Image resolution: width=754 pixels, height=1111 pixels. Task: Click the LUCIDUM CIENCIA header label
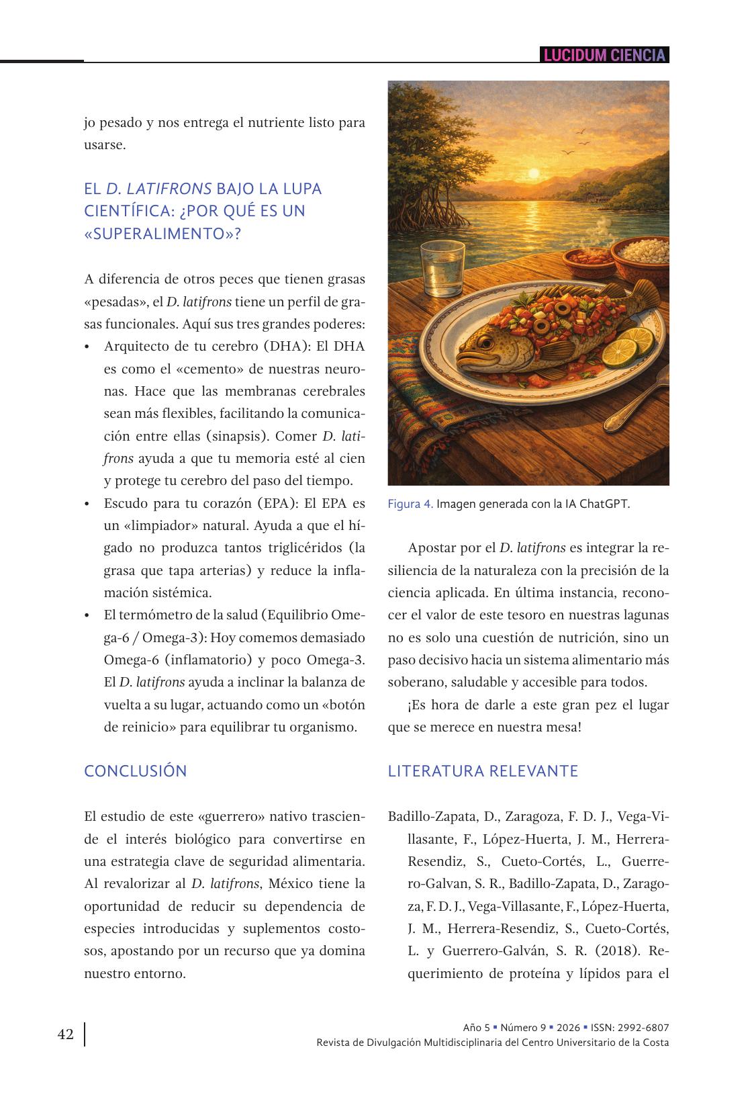604,55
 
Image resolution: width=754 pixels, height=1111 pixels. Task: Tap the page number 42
65,1034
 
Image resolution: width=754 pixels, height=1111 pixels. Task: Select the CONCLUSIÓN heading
136,770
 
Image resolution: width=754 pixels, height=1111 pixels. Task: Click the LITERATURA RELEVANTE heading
483,770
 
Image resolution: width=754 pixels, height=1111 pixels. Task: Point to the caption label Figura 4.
410,504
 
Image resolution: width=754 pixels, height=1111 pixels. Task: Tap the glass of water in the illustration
442,269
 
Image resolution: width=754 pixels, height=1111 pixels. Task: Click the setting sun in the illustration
534,173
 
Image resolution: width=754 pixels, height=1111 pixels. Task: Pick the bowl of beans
588,258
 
